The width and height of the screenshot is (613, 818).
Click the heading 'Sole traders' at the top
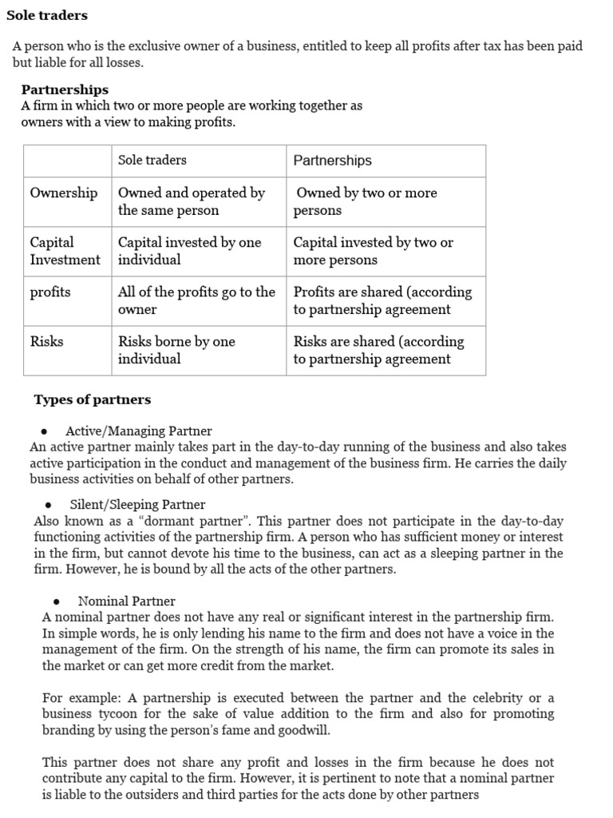47,15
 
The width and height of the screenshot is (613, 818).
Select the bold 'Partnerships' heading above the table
65,89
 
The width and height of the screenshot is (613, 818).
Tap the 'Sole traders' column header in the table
152,160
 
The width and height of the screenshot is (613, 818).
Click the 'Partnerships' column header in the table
332,161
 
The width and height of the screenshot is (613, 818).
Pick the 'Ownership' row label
63,193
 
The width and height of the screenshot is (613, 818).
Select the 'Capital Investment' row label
65,251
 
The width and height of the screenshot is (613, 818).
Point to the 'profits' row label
50,292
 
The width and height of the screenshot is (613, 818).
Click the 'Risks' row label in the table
46,341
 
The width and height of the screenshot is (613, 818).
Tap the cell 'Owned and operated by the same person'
191,201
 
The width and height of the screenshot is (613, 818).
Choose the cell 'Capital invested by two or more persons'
373,251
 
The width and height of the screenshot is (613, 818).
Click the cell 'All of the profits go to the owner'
196,300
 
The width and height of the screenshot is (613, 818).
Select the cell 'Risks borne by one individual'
176,350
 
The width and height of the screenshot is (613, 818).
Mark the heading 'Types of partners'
92,399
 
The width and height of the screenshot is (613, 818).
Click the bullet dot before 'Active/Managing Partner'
44,431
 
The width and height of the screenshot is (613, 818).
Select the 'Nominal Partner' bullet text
126,601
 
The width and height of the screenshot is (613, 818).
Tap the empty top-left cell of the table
67,161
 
